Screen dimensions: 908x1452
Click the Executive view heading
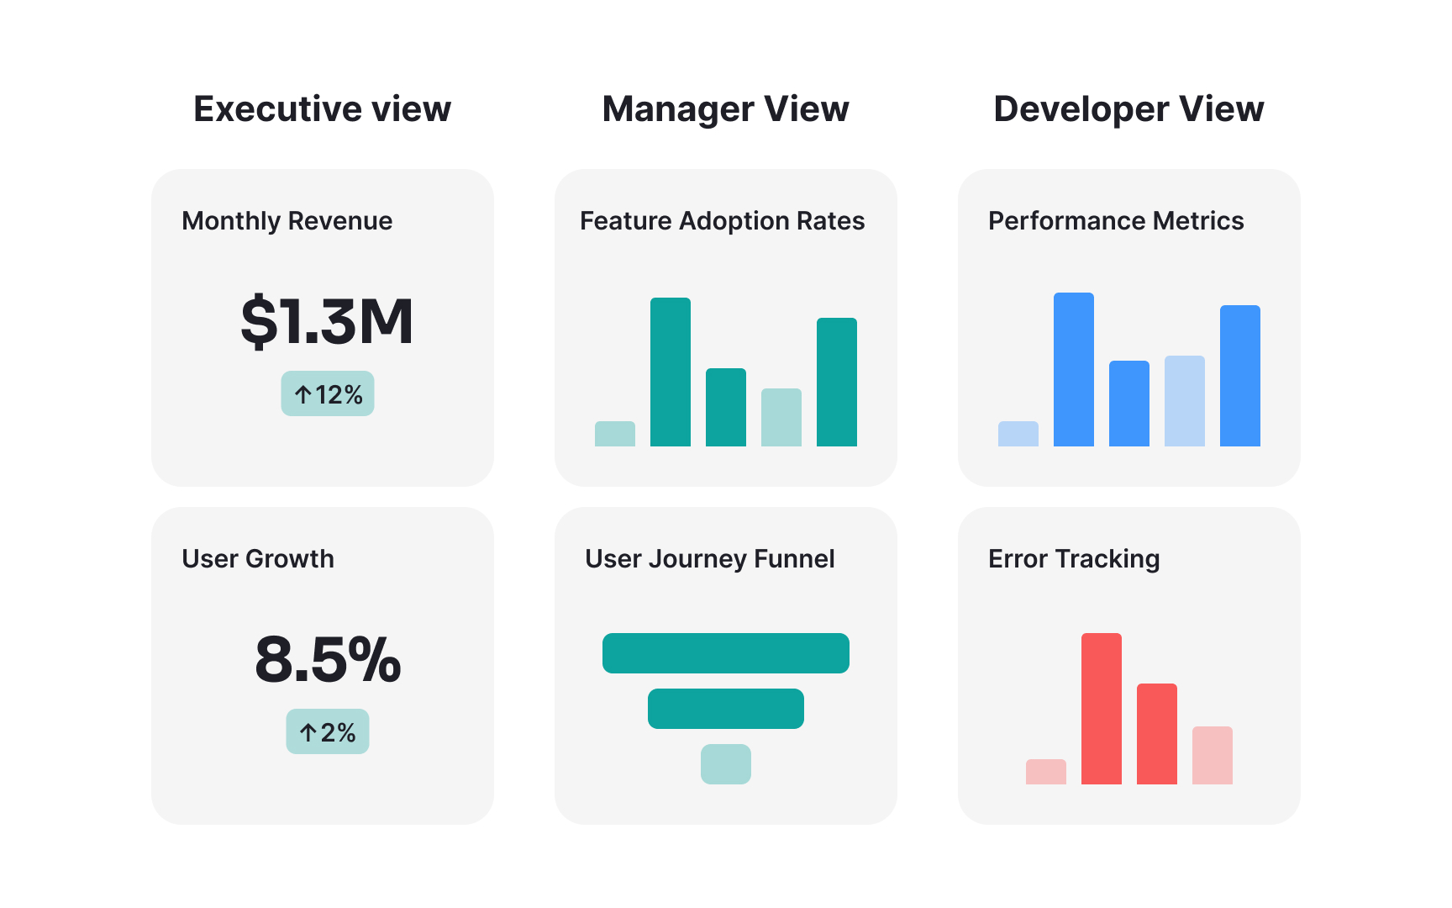coord(322,109)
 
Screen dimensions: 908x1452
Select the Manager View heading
coord(725,109)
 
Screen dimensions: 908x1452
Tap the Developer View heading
coord(1128,109)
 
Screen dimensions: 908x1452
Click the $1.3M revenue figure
coord(327,321)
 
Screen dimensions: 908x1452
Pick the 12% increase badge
coord(328,394)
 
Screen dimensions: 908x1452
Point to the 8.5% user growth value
coord(328,659)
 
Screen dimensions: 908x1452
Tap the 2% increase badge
coord(328,732)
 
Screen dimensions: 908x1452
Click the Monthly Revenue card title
coord(287,221)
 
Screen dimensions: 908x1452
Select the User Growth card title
coord(258,559)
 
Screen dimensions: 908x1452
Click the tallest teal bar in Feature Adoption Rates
coord(671,372)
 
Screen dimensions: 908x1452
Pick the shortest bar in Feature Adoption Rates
coord(615,434)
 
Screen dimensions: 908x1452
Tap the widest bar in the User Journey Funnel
coord(726,653)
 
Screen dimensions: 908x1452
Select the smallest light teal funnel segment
coord(726,764)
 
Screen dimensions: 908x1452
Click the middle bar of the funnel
coord(726,709)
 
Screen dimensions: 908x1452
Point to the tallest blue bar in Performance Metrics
coord(1074,370)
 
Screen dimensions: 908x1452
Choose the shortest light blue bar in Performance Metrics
coord(1018,434)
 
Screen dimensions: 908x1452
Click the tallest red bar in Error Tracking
coord(1102,709)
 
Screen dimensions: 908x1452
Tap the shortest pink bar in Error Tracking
coord(1046,772)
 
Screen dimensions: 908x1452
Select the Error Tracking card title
coord(1074,559)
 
